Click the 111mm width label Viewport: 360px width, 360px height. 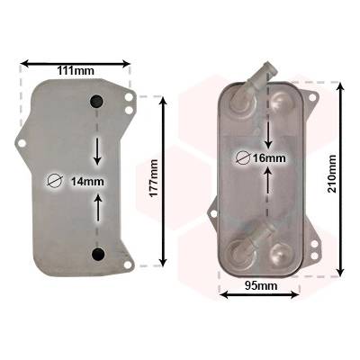coord(76,71)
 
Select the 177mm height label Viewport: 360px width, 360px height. coord(154,178)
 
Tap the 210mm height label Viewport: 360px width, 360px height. coord(332,174)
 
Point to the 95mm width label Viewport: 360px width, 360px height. coord(261,285)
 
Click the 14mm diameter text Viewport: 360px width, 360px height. coord(87,182)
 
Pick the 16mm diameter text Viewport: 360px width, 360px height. coord(269,157)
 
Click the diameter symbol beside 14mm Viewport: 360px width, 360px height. coord(55,181)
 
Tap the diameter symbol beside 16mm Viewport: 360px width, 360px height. coord(243,157)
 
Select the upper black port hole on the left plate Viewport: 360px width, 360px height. coord(97,101)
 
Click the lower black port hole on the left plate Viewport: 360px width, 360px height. coord(98,254)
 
